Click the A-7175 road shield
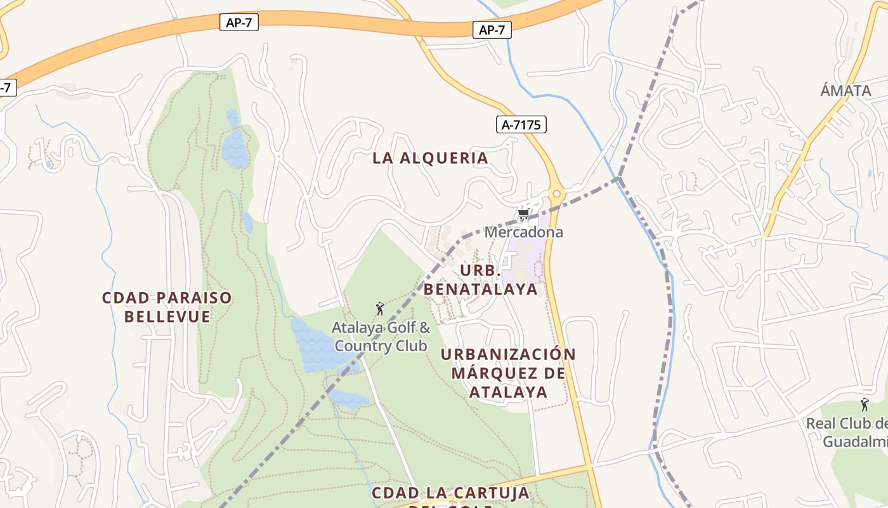click(521, 124)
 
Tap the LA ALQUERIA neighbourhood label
click(430, 158)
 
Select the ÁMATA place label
click(846, 90)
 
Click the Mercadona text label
click(523, 232)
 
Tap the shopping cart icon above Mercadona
click(523, 215)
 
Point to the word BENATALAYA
click(480, 289)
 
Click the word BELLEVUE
click(167, 316)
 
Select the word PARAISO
click(194, 298)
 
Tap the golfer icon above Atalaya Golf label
click(380, 309)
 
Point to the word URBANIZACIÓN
click(508, 354)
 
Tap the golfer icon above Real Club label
click(864, 404)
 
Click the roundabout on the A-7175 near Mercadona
click(556, 193)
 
